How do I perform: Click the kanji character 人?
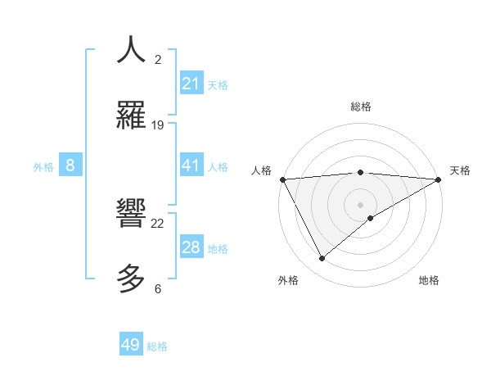[x=131, y=50]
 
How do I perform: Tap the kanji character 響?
[x=131, y=215]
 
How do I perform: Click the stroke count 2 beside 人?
[x=158, y=60]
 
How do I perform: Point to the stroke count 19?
[x=158, y=125]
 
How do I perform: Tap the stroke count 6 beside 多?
[x=158, y=288]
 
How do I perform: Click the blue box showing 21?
[x=191, y=84]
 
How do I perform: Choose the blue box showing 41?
[x=191, y=165]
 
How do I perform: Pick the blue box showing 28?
[x=191, y=247]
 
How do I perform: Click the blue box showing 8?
[x=70, y=165]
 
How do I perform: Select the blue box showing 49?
[x=131, y=345]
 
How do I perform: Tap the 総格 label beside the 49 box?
[x=157, y=346]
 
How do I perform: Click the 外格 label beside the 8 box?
[x=43, y=167]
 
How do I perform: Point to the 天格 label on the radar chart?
[x=460, y=170]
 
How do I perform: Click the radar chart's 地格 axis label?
[x=429, y=280]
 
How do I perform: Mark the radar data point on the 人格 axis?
[x=282, y=179]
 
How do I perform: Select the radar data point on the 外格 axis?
[x=322, y=259]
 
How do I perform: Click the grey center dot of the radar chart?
[x=361, y=204]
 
